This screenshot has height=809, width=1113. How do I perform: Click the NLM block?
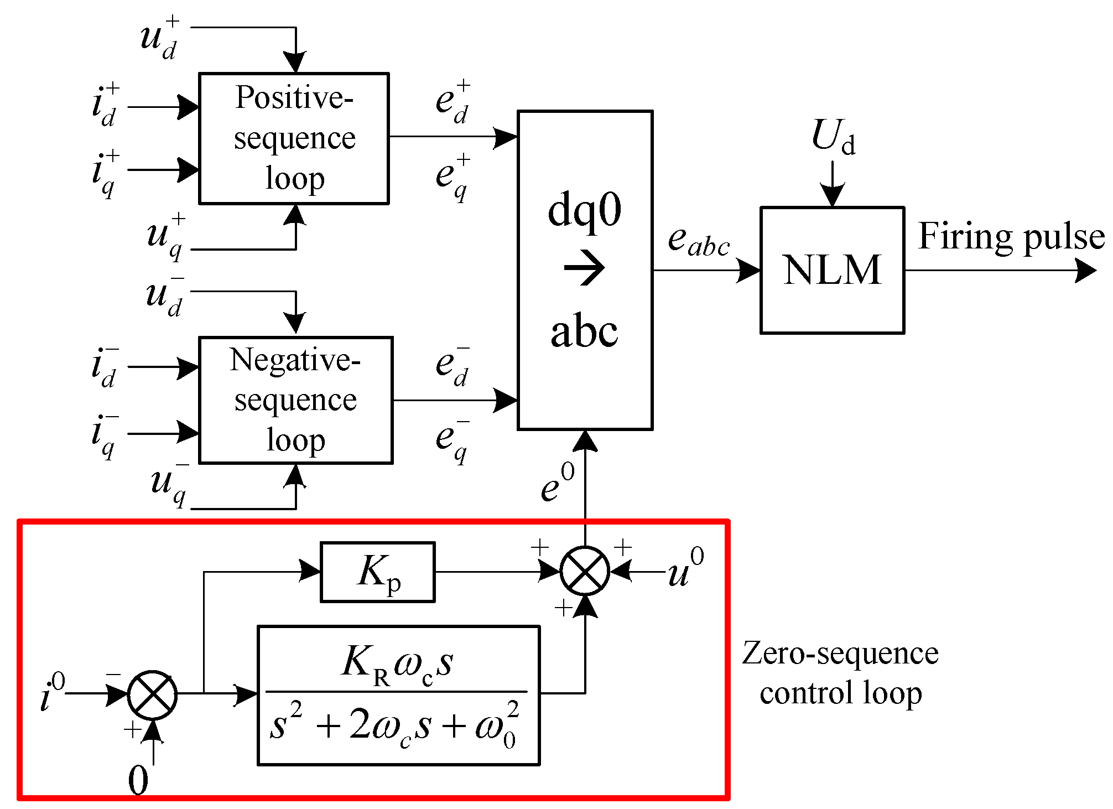[x=831, y=270]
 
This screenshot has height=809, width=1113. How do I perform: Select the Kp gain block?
[x=377, y=572]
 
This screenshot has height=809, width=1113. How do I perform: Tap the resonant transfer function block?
[x=398, y=696]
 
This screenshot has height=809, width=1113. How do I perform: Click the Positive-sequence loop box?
[x=294, y=138]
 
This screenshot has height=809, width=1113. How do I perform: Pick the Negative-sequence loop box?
[x=295, y=400]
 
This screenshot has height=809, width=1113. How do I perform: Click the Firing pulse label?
[x=1011, y=237]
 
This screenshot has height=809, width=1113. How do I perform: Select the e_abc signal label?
[x=698, y=242]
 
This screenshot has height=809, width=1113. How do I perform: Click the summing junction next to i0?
[x=152, y=695]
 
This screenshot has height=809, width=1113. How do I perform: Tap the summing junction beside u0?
[x=585, y=571]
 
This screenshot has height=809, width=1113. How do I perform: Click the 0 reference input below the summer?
[x=138, y=781]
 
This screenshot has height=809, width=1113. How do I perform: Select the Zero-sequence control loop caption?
[x=840, y=673]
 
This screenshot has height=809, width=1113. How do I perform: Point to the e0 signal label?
[x=558, y=483]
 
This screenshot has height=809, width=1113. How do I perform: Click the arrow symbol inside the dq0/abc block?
[x=585, y=268]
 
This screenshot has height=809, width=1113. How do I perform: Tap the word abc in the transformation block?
[x=584, y=332]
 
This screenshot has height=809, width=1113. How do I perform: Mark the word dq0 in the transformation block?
[x=584, y=211]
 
